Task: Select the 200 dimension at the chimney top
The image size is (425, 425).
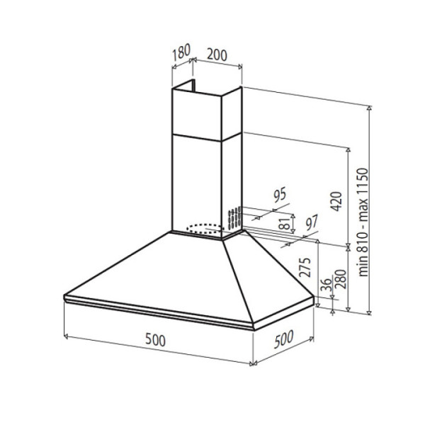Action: point(217,55)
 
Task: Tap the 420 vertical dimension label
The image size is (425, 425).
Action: point(336,201)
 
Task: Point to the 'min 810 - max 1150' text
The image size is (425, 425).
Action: point(363,222)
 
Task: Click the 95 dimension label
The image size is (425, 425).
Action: point(280,195)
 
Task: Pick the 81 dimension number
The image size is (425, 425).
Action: point(285,223)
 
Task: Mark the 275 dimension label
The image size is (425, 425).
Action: point(305,267)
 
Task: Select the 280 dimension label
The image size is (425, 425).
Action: point(341,279)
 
